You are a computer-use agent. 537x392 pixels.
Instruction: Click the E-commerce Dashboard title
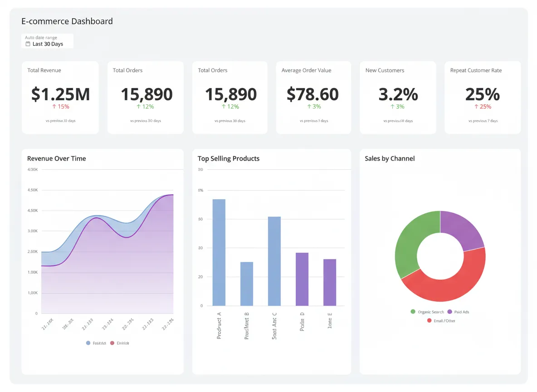[x=67, y=21]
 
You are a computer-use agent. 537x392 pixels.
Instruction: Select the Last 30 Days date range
[x=47, y=44]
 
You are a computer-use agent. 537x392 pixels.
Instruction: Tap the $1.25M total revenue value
[x=60, y=94]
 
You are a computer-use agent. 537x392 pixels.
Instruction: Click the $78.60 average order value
[x=313, y=94]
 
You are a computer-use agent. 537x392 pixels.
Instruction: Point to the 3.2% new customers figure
[x=398, y=94]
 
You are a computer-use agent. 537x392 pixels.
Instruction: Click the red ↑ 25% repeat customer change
[x=483, y=107]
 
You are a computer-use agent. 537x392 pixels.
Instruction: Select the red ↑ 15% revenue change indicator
[x=60, y=107]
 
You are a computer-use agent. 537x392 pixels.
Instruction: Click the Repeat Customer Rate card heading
[x=476, y=70]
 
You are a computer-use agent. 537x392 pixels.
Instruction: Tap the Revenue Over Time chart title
[x=56, y=158]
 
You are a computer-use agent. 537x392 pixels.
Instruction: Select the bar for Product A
[x=219, y=252]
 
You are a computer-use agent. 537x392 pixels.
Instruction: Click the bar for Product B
[x=247, y=284]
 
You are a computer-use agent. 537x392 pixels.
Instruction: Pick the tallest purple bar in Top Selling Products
[x=302, y=279]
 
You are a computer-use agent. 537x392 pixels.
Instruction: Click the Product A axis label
[x=219, y=328]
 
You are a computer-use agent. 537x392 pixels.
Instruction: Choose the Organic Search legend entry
[x=427, y=312]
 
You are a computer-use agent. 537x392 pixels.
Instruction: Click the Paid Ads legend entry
[x=459, y=312]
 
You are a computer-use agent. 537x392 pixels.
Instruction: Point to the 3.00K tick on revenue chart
[x=33, y=231]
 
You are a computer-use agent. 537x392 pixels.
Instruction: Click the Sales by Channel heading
[x=390, y=158]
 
